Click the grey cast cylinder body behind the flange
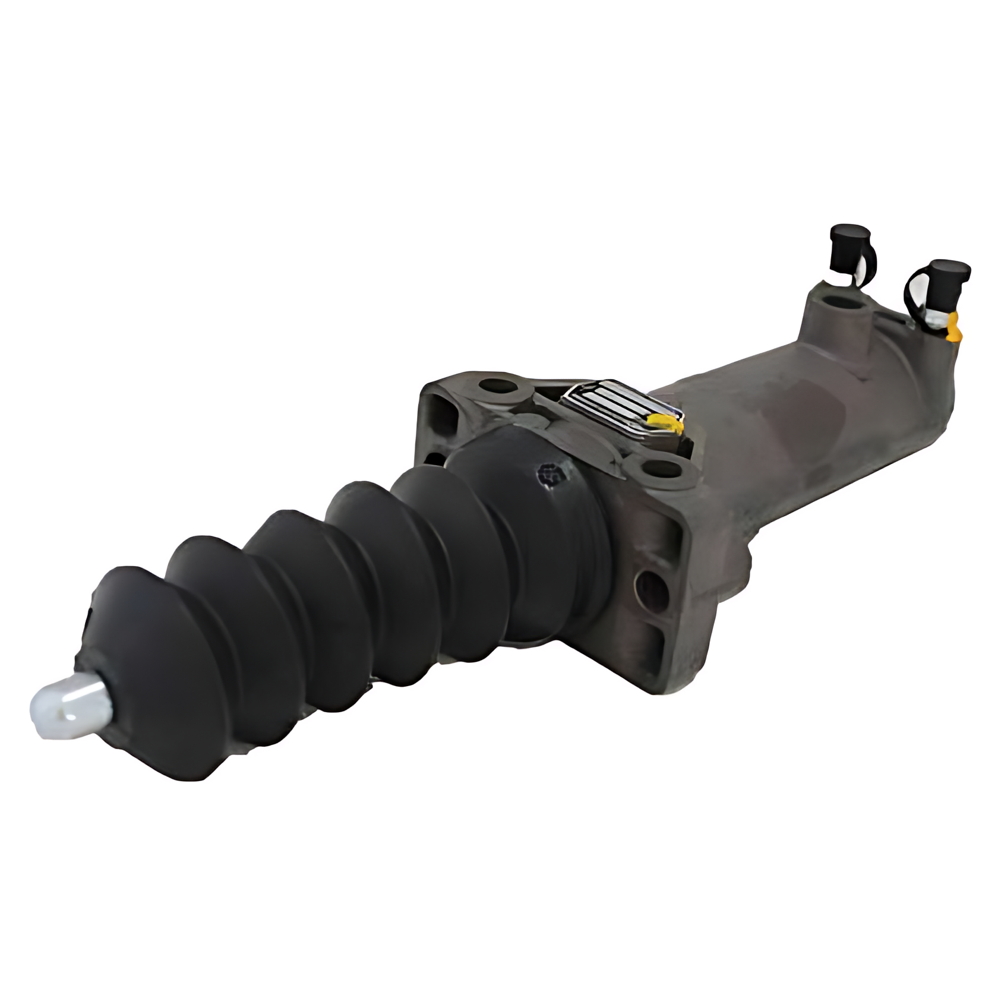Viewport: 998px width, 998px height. click(x=820, y=428)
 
